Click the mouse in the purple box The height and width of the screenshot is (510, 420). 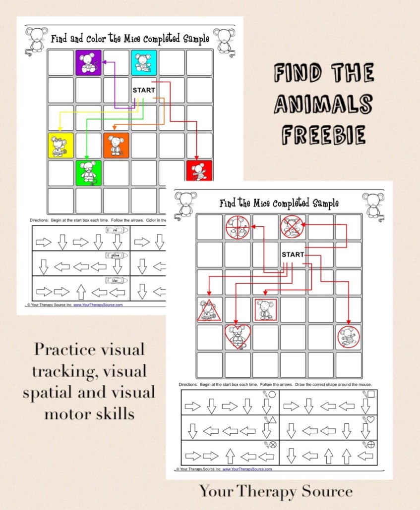(88, 63)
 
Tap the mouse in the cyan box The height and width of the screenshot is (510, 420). (144, 62)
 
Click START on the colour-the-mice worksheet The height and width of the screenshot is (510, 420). (144, 90)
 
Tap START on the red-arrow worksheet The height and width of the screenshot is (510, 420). (293, 255)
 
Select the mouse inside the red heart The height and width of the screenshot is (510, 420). (238, 337)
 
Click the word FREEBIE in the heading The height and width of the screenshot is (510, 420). (323, 134)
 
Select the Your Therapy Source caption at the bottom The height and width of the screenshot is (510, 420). (276, 491)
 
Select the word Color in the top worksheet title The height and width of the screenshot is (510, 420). (104, 38)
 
